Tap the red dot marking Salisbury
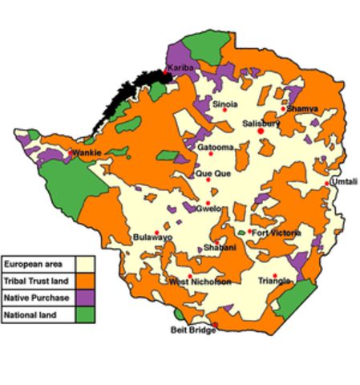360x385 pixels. point(260,132)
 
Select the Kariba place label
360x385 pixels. point(180,68)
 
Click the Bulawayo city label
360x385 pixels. point(152,237)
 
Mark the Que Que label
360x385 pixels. point(210,175)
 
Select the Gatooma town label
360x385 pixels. point(216,148)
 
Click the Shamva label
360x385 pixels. point(301,108)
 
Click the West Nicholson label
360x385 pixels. point(200,282)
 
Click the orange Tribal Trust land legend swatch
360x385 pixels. point(87,281)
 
